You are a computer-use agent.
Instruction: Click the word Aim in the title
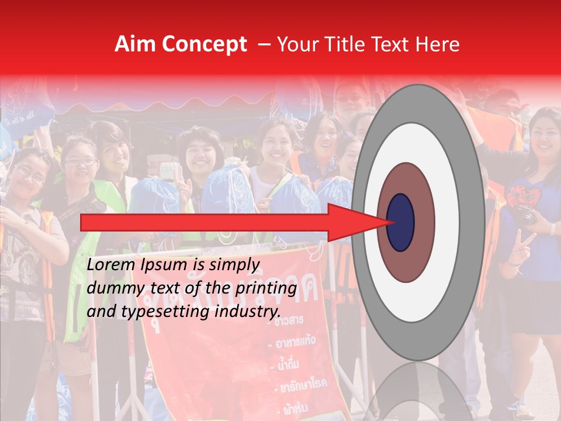134,44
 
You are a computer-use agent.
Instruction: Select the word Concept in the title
203,44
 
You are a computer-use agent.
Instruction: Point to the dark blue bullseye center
400,222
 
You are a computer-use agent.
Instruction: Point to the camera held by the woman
524,216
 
